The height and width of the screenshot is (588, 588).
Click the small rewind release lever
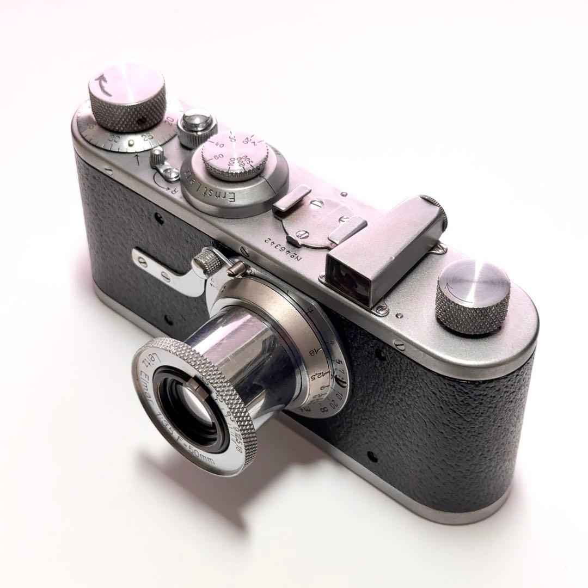(160, 160)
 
